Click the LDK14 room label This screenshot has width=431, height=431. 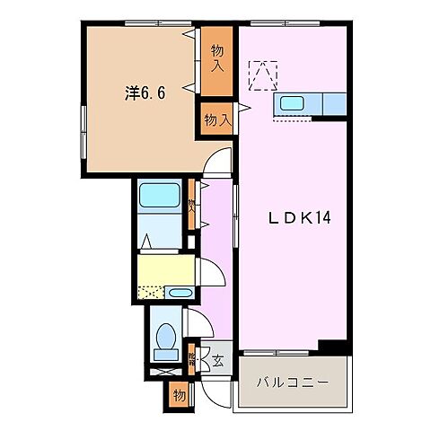pos(290,218)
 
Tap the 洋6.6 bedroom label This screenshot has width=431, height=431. pos(143,92)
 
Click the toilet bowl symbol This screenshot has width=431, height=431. pos(165,339)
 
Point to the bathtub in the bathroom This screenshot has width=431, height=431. pos(162,195)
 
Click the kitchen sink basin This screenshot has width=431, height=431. pos(293,102)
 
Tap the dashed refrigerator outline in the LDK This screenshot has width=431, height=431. pos(264,75)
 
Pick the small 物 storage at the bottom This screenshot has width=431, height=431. pos(180,394)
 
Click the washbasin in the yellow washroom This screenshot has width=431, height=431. pos(180,293)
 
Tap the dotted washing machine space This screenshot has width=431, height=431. pos(151,293)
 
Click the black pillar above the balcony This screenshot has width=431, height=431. pos(334,347)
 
